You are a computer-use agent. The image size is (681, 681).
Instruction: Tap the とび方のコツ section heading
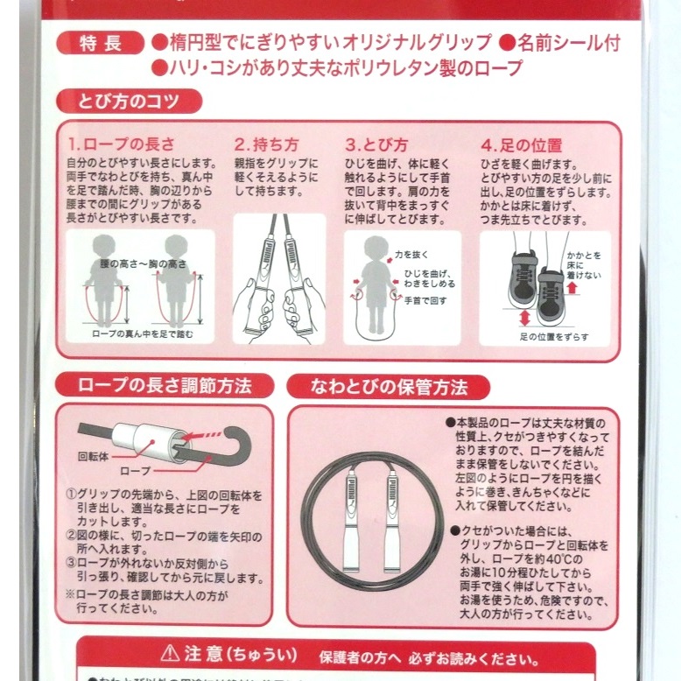(129, 102)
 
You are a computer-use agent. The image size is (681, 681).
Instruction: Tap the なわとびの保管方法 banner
(389, 386)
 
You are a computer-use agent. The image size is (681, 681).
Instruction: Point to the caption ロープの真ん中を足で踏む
(142, 334)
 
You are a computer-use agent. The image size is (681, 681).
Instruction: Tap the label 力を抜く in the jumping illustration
(411, 255)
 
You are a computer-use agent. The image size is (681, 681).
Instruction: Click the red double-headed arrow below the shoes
(525, 317)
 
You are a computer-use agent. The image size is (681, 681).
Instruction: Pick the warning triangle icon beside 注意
(170, 655)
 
